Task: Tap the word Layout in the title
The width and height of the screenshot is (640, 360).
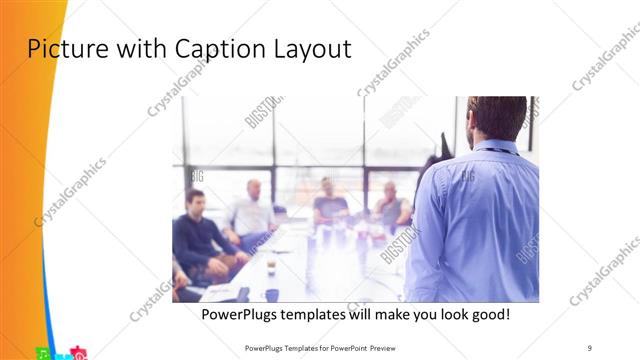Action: point(311,48)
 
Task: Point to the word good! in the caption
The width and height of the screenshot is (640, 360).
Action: point(487,314)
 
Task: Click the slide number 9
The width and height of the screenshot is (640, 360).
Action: point(590,347)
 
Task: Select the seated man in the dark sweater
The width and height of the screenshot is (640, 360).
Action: point(200,235)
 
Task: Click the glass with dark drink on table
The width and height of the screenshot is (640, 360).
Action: point(271,265)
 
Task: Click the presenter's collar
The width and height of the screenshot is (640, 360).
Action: point(496,146)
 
